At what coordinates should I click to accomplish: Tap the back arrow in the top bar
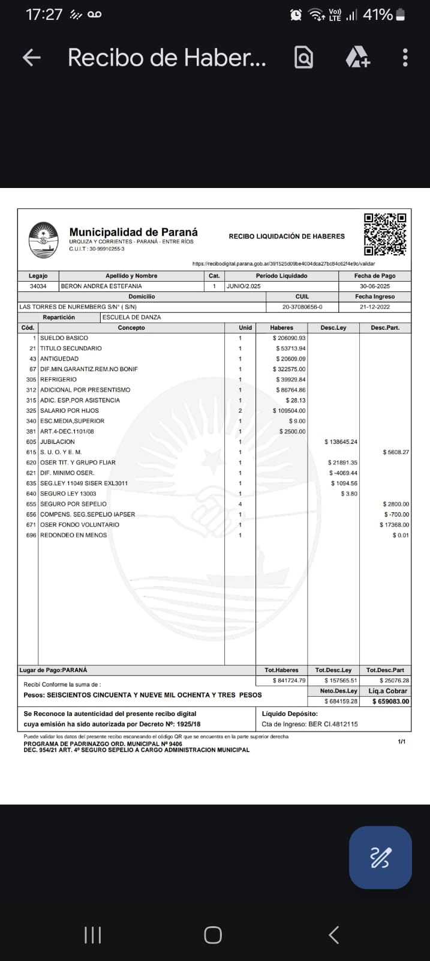tap(31, 58)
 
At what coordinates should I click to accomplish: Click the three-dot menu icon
tap(405, 58)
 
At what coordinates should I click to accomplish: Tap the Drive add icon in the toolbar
tap(358, 58)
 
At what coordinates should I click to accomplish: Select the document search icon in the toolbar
tap(304, 58)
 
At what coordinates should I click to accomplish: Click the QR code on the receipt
tap(385, 234)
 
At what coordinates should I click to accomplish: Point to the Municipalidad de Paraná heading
tap(133, 232)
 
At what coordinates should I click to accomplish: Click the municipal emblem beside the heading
tap(43, 240)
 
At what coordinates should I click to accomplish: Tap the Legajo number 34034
tap(38, 286)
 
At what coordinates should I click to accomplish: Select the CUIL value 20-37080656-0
tap(302, 307)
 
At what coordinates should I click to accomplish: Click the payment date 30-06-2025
tap(375, 286)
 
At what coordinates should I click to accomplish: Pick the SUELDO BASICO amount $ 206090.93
tap(289, 338)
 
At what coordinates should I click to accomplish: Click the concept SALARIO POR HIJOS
tap(70, 411)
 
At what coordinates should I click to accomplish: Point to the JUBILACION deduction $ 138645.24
tap(341, 442)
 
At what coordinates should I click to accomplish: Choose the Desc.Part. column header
tap(385, 328)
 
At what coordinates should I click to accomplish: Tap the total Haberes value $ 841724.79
tap(289, 681)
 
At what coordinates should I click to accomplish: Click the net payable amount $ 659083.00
tap(390, 702)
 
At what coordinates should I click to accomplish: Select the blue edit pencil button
tap(380, 857)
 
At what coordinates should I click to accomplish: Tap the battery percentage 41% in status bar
tap(378, 14)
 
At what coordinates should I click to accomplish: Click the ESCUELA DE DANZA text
tap(132, 317)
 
